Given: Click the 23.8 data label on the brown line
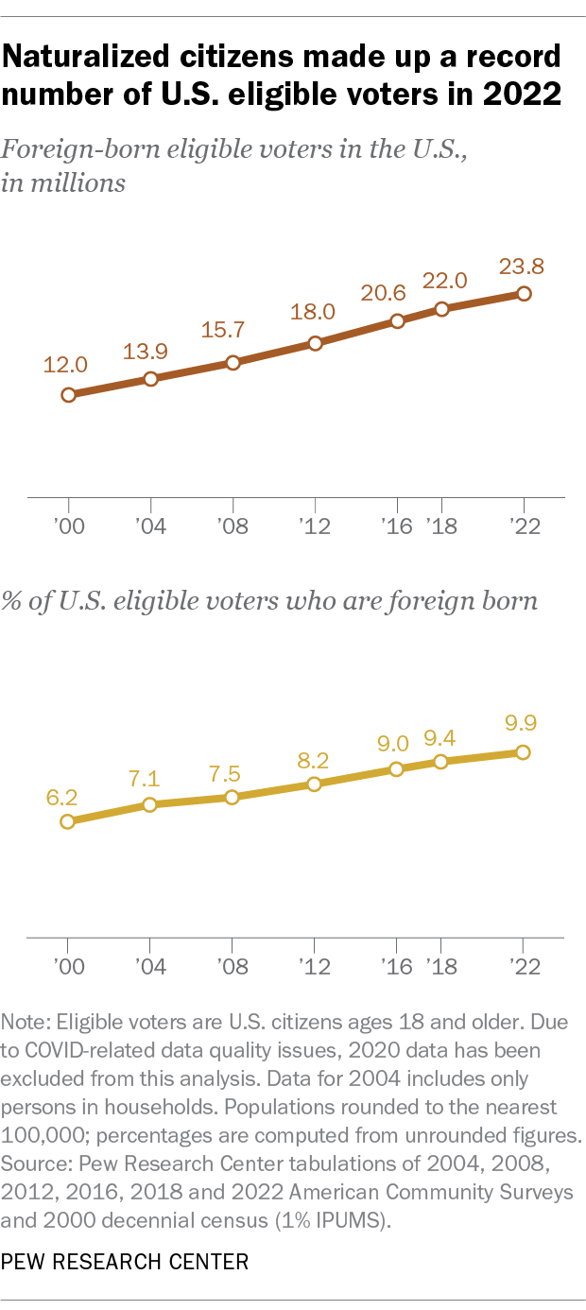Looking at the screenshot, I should (523, 265).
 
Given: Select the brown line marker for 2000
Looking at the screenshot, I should (68, 395).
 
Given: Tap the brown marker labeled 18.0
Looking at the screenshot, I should (315, 343).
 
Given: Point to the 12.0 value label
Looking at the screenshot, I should (65, 365).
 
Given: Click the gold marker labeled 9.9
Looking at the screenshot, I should (523, 752).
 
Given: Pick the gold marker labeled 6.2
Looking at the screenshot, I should (67, 821).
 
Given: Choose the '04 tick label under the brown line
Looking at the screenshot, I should (150, 526).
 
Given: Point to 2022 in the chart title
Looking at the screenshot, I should (523, 96).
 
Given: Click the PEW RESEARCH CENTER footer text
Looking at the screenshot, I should (126, 1262).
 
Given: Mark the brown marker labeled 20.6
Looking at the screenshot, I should (397, 320).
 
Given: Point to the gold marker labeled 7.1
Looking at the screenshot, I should (149, 804).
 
